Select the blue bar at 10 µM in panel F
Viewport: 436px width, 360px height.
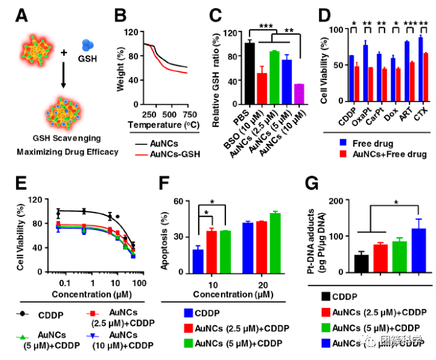pyautogui.click(x=198, y=261)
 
